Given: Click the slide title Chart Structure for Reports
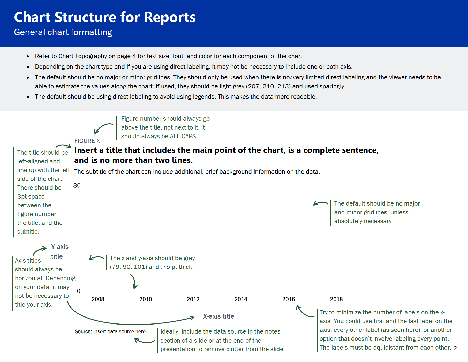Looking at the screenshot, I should point(105,17).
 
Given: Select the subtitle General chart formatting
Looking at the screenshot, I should point(63,32).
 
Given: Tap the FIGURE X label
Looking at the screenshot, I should point(87,141).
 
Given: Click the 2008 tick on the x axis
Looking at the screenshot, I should point(98,299).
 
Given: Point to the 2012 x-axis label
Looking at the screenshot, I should point(193,299).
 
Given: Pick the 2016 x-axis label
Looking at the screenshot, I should point(288,299).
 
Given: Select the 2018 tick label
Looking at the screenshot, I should point(336,299).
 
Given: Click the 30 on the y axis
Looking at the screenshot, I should point(77,186).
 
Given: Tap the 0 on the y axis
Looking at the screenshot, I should point(79,291).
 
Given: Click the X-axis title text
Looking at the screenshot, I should point(218,316).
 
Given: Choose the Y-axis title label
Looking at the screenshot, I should point(59,251).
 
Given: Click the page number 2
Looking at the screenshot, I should point(455,348).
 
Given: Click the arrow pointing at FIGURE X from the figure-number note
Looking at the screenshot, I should point(102,128).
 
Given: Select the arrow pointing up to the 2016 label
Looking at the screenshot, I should point(304,312).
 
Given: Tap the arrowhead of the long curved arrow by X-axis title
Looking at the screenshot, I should point(192,318).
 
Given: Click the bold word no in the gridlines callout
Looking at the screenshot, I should point(399,204).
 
